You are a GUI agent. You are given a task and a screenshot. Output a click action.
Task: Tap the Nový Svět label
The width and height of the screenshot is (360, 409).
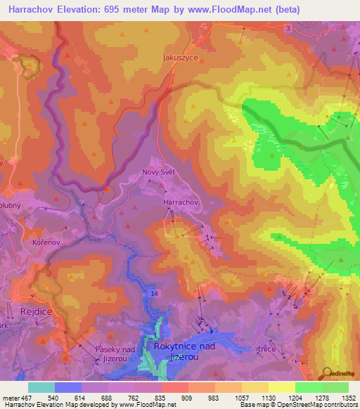pos(158,173)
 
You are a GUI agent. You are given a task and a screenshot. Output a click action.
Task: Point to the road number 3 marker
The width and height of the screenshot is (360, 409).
pos(288,27)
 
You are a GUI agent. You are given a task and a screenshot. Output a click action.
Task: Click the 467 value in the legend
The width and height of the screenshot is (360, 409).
pos(22,398)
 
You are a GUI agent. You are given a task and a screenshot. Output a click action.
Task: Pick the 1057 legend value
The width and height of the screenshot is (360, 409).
pos(242,398)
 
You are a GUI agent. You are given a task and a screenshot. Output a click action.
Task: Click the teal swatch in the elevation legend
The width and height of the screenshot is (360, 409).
pos(41,387)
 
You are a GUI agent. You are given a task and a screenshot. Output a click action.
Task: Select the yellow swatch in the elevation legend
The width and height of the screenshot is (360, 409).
pos(282,387)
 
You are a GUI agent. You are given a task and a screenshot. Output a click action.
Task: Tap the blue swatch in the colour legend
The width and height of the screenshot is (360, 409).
pos(68,387)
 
